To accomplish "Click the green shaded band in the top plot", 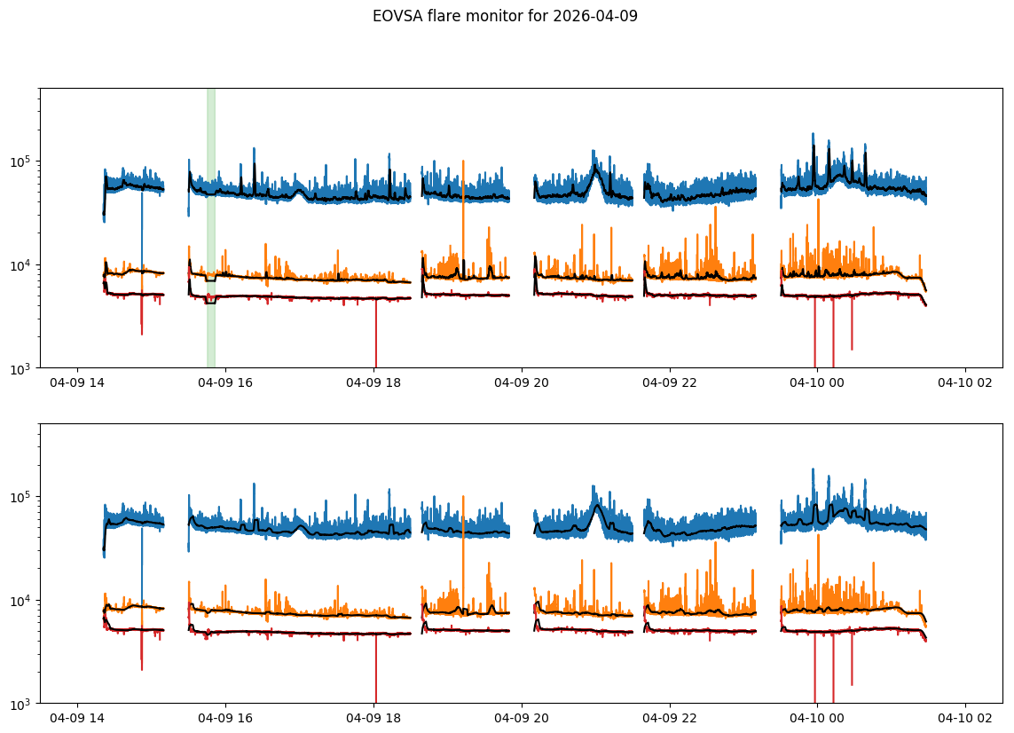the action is pyautogui.click(x=211, y=228).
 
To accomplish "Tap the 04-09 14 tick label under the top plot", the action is pyautogui.click(x=77, y=382).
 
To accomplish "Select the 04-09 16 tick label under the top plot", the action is pyautogui.click(x=225, y=382).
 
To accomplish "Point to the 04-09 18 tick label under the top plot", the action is pyautogui.click(x=373, y=382).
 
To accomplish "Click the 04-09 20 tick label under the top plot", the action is pyautogui.click(x=522, y=382).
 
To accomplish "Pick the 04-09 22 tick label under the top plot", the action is pyautogui.click(x=669, y=382).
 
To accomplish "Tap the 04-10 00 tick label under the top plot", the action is pyautogui.click(x=817, y=382).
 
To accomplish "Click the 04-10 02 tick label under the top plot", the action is pyautogui.click(x=965, y=382).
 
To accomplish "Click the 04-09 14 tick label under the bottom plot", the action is pyautogui.click(x=77, y=718).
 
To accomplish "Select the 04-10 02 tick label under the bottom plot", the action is pyautogui.click(x=965, y=718).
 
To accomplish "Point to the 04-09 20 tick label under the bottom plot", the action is pyautogui.click(x=522, y=718).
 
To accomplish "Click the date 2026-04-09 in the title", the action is pyautogui.click(x=595, y=16).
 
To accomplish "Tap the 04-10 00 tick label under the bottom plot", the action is pyautogui.click(x=817, y=718).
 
